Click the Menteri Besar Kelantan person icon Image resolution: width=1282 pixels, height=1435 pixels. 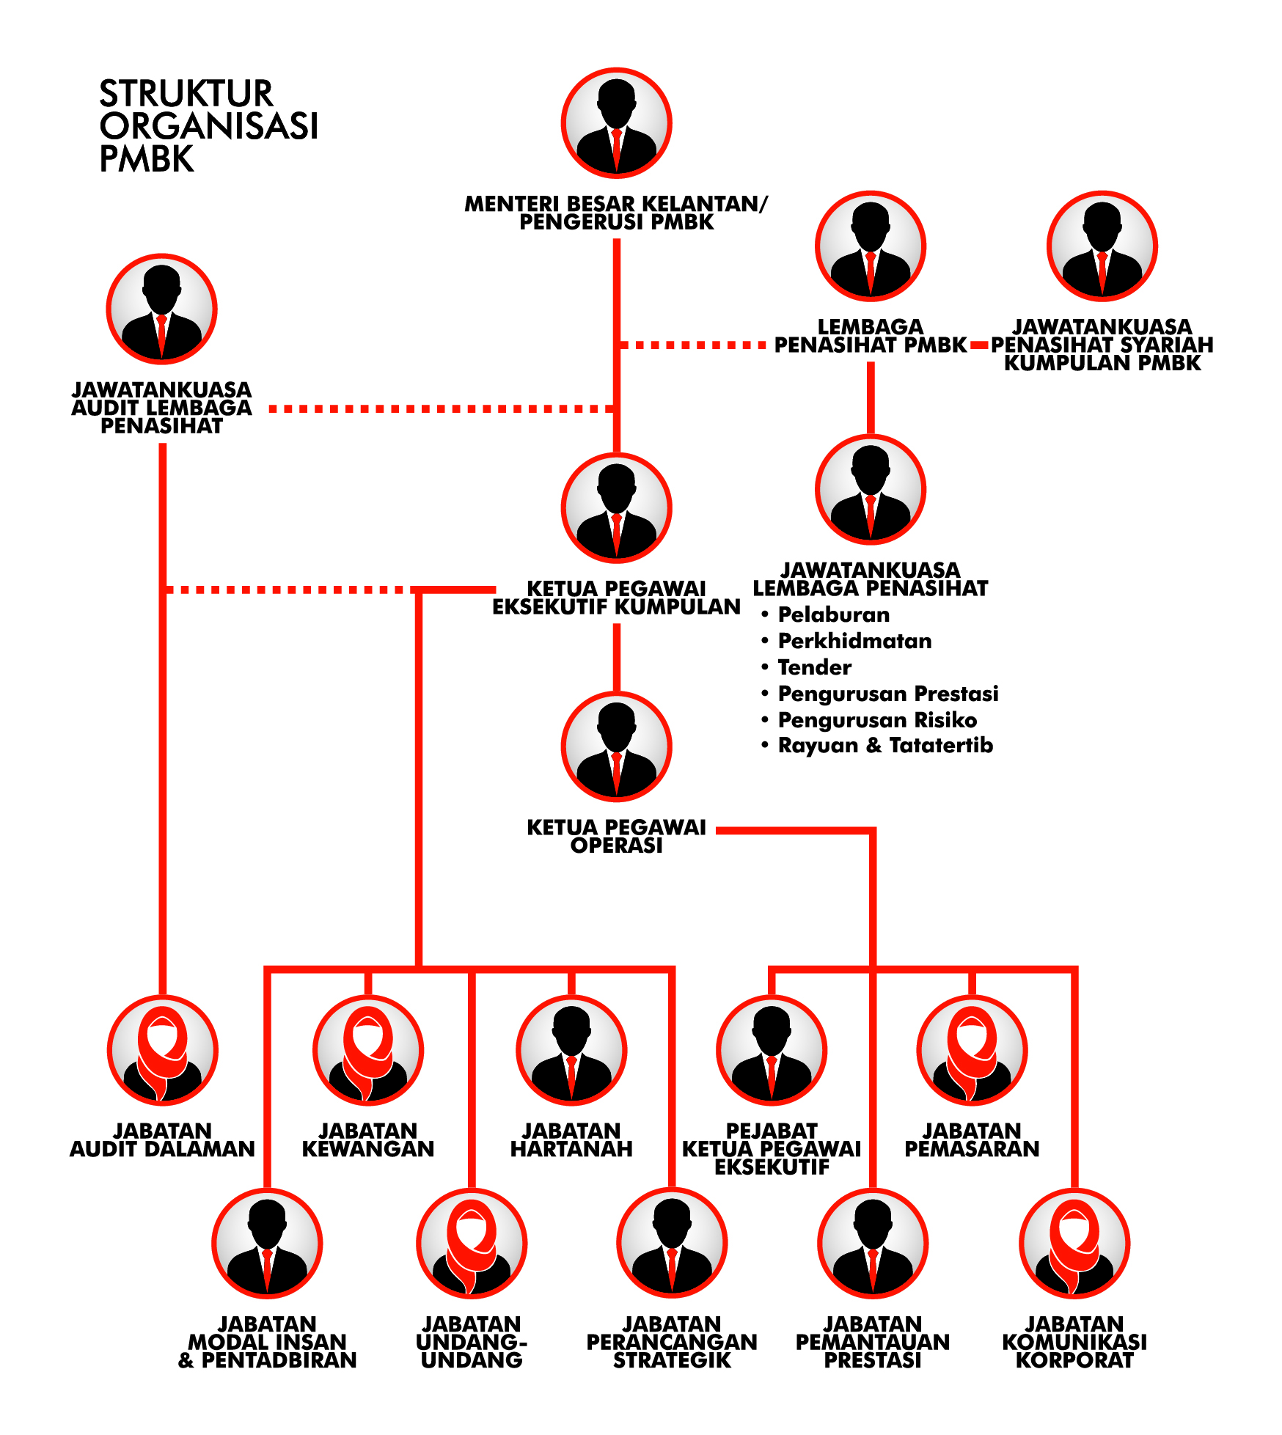[616, 123]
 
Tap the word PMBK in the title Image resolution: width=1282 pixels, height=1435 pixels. [147, 159]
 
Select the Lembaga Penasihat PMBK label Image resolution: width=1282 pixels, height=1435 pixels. [871, 336]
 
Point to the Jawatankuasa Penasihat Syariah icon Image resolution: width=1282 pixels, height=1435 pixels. [1102, 246]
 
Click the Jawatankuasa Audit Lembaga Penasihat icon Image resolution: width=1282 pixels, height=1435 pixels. [161, 309]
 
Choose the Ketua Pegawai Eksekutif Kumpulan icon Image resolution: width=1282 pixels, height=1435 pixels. [616, 508]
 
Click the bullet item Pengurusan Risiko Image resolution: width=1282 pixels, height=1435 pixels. [877, 720]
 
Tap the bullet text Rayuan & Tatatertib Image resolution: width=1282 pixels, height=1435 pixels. [885, 746]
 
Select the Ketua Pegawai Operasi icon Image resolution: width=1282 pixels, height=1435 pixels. [616, 747]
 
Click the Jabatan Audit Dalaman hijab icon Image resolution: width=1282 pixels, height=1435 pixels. [163, 1050]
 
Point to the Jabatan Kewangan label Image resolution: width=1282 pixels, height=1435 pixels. [368, 1140]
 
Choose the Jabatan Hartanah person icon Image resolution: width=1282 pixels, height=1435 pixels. [571, 1050]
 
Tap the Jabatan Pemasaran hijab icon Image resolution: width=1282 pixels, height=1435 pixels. [972, 1050]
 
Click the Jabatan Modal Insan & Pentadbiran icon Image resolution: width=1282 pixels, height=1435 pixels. [267, 1244]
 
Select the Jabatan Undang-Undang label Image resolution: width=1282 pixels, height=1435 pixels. [472, 1343]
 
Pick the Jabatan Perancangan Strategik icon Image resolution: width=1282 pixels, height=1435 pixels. [672, 1244]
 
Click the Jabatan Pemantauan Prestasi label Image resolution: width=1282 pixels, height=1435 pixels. [873, 1343]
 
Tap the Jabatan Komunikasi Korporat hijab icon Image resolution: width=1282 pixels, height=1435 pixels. [1074, 1244]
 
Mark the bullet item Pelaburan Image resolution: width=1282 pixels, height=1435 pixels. [833, 614]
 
